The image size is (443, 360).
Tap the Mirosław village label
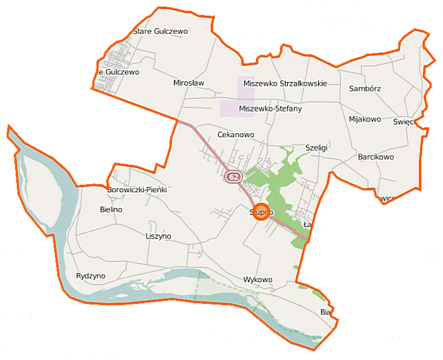(x=189, y=83)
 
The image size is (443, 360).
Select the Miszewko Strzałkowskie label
(x=285, y=83)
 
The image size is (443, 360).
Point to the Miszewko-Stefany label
(x=270, y=109)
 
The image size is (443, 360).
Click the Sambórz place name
(x=365, y=88)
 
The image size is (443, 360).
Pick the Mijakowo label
(x=365, y=119)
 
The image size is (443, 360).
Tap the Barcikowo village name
(x=375, y=157)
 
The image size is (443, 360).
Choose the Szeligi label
(x=316, y=147)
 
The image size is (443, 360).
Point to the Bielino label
(x=111, y=210)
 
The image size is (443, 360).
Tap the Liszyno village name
(x=159, y=236)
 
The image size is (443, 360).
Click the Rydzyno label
(x=91, y=276)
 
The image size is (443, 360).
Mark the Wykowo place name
(x=258, y=280)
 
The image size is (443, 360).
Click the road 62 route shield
(x=234, y=177)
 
